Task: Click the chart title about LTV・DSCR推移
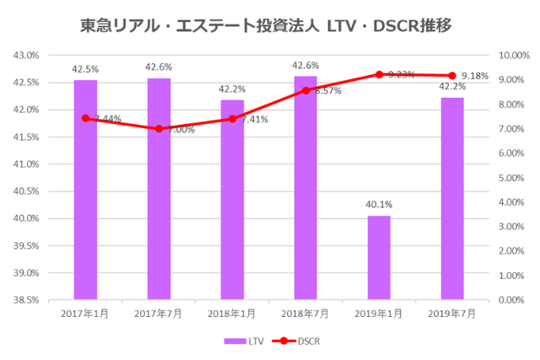pyautogui.click(x=270, y=25)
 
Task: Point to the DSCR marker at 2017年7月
pyautogui.click(x=159, y=129)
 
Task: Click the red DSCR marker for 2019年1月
pyautogui.click(x=379, y=74)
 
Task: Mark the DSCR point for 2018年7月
pyautogui.click(x=305, y=90)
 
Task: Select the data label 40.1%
pyautogui.click(x=379, y=204)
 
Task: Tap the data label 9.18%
pyautogui.click(x=473, y=76)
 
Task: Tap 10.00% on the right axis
pyautogui.click(x=514, y=56)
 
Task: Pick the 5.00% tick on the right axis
pyautogui.click(x=514, y=178)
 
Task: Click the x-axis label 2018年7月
pyautogui.click(x=305, y=314)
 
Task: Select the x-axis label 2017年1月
pyautogui.click(x=85, y=314)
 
